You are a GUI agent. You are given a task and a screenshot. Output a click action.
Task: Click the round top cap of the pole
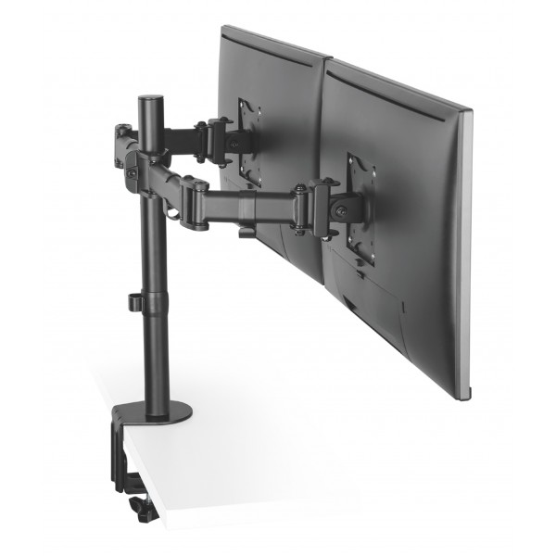[148, 97]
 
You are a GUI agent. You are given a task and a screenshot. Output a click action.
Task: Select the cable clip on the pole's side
[135, 303]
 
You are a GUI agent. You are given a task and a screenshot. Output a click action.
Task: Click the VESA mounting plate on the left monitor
[248, 139]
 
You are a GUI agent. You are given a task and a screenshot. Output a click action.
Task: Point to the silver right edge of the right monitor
[466, 259]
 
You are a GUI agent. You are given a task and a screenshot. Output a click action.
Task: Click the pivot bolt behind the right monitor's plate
[344, 210]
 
